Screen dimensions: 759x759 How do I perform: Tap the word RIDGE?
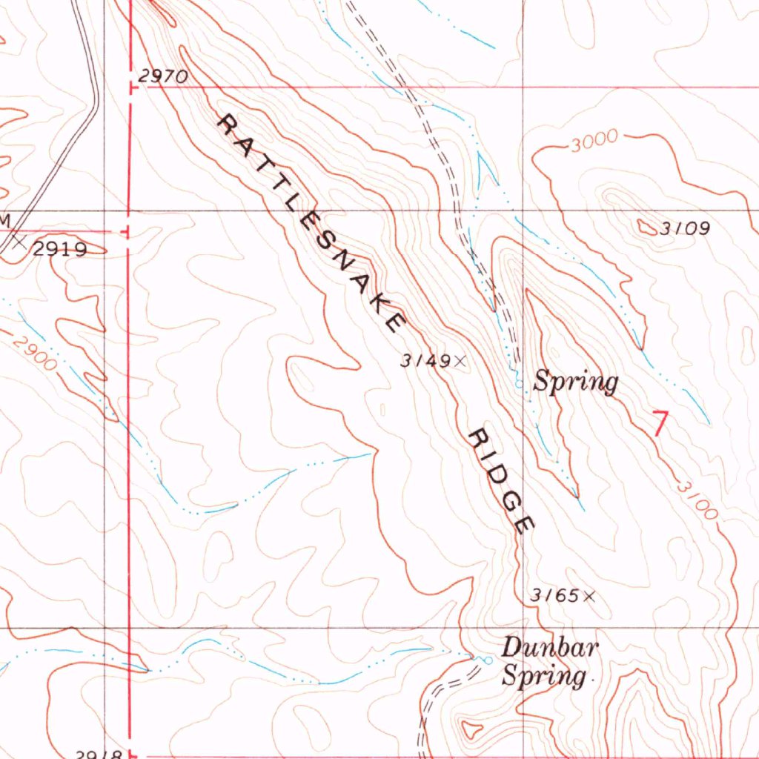(502, 481)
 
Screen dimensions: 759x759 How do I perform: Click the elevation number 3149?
(425, 361)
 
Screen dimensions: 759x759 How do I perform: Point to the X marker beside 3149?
(460, 361)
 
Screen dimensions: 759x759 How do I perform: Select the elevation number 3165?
(554, 595)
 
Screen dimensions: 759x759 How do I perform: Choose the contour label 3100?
(697, 501)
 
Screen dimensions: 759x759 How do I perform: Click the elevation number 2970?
(163, 76)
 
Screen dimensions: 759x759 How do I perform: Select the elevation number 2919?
(59, 249)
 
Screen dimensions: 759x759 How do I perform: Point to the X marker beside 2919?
(20, 242)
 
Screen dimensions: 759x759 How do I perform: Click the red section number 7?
(660, 421)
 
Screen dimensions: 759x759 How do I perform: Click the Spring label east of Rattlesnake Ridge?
(576, 382)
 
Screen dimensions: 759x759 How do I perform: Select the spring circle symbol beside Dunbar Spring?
(488, 659)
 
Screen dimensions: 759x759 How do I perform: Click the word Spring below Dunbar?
(544, 676)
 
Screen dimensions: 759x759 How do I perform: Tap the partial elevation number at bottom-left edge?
(99, 753)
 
